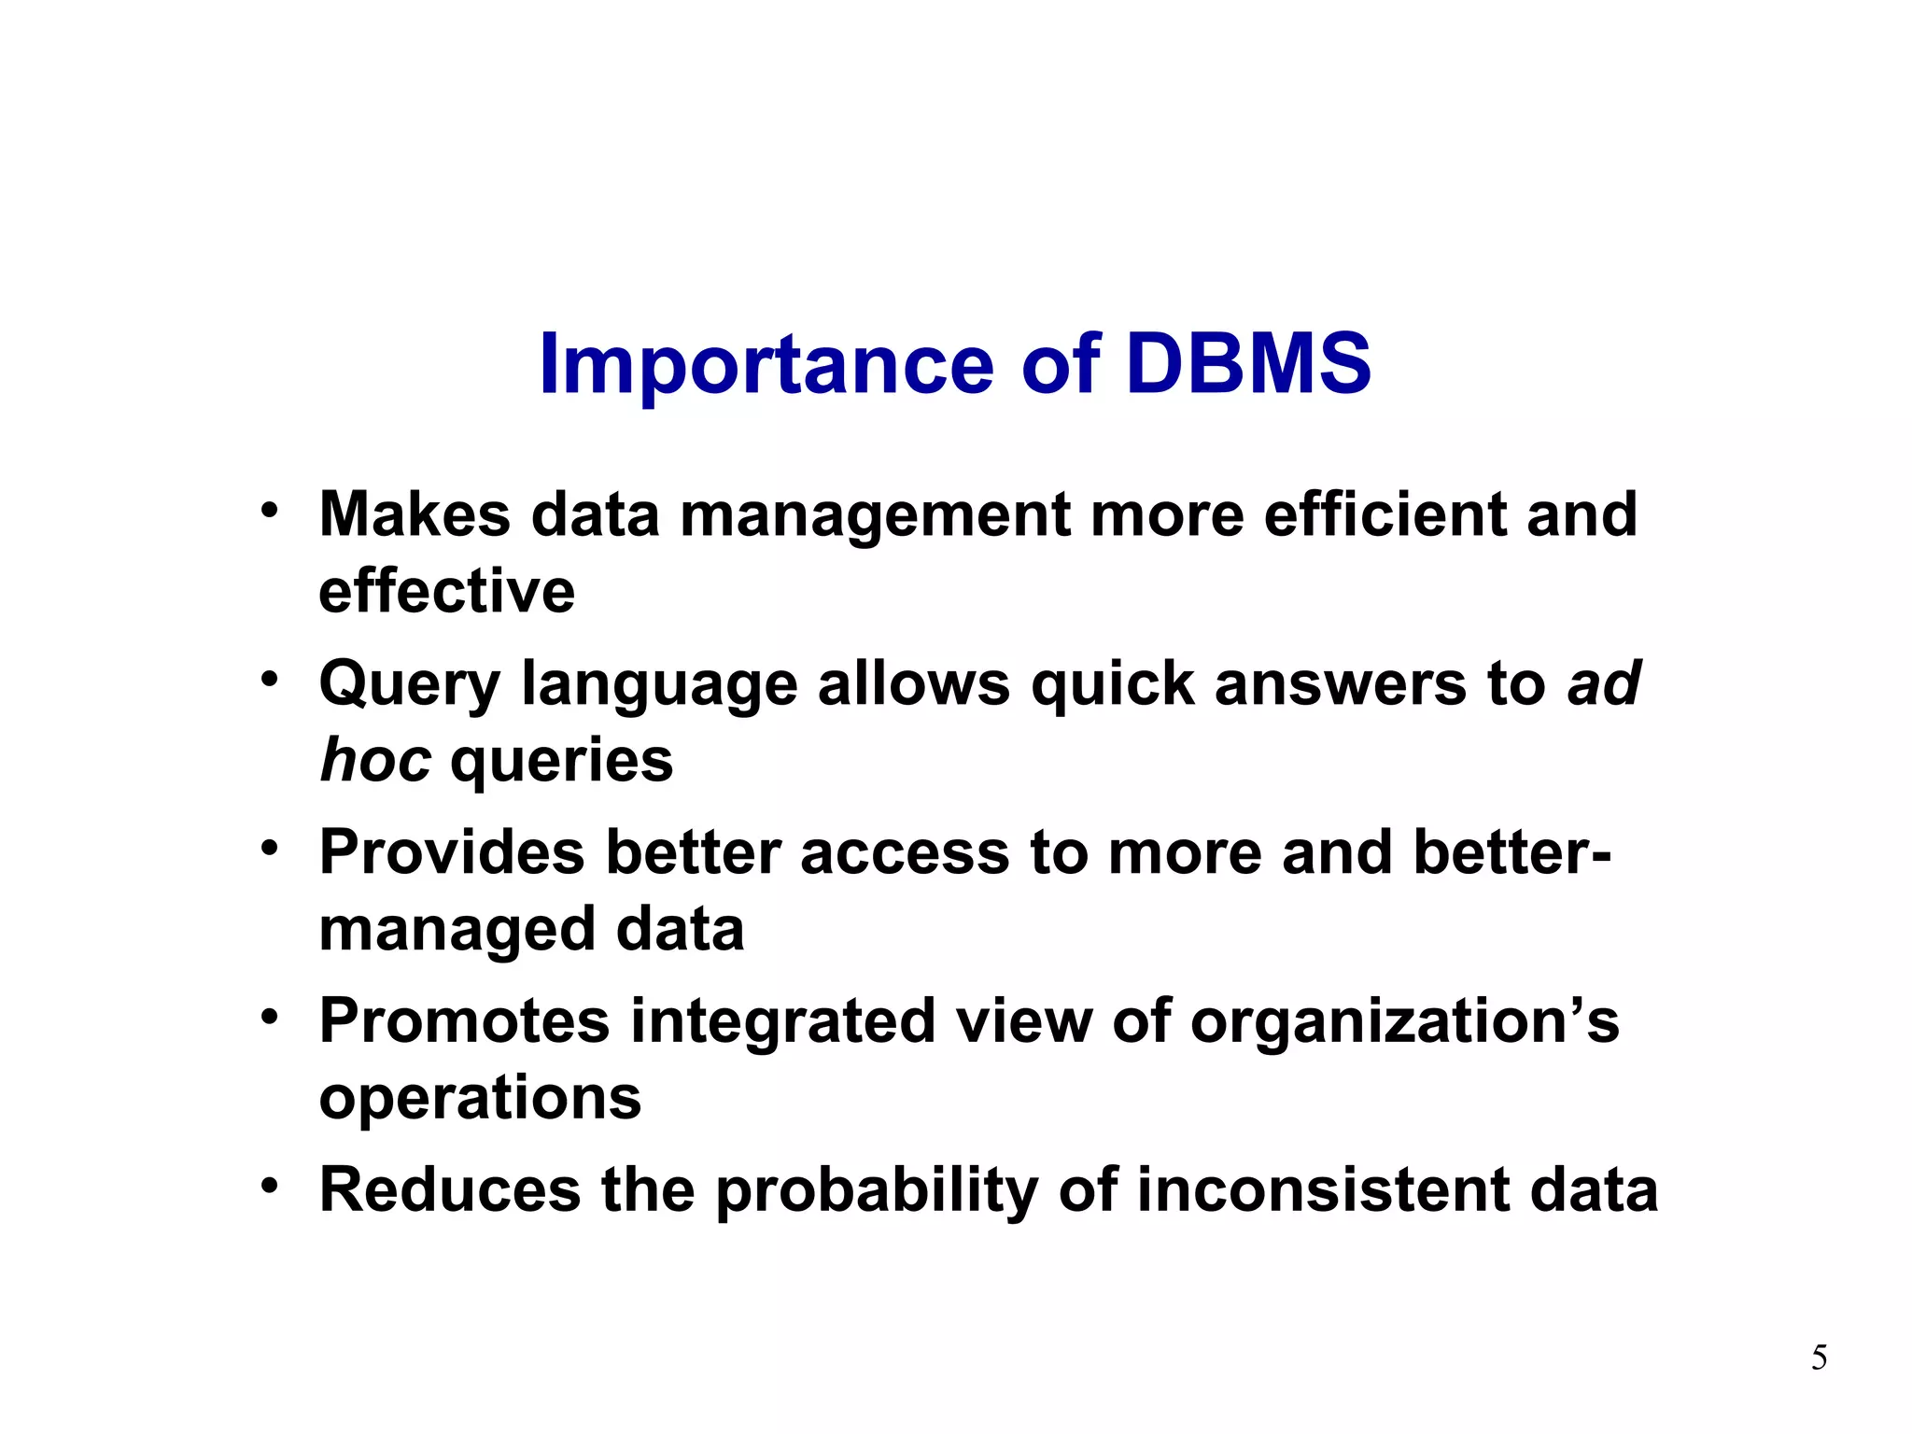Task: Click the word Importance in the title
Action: point(766,366)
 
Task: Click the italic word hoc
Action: point(374,760)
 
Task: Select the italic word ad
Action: point(1603,683)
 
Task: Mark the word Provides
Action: point(452,852)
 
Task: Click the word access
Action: point(905,853)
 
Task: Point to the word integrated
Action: point(782,1020)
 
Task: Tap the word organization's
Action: point(1404,1022)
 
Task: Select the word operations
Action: point(480,1098)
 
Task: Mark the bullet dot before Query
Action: point(270,679)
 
